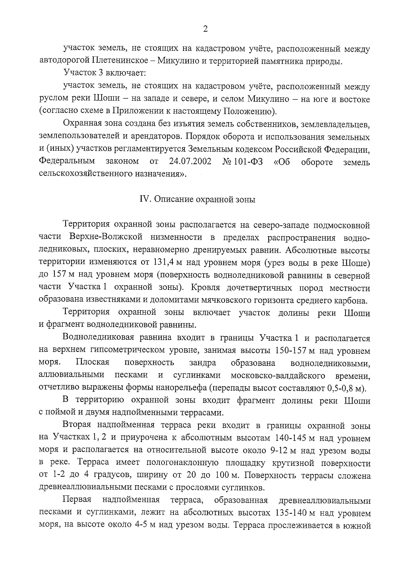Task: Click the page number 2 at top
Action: click(205, 29)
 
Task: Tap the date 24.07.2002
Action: click(190, 161)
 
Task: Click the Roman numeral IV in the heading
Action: click(144, 199)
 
